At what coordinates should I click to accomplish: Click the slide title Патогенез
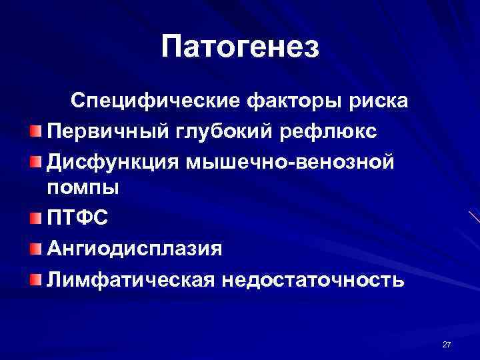pyautogui.click(x=240, y=47)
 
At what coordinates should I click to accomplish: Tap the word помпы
pyautogui.click(x=83, y=187)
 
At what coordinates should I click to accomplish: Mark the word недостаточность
pyautogui.click(x=309, y=278)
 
